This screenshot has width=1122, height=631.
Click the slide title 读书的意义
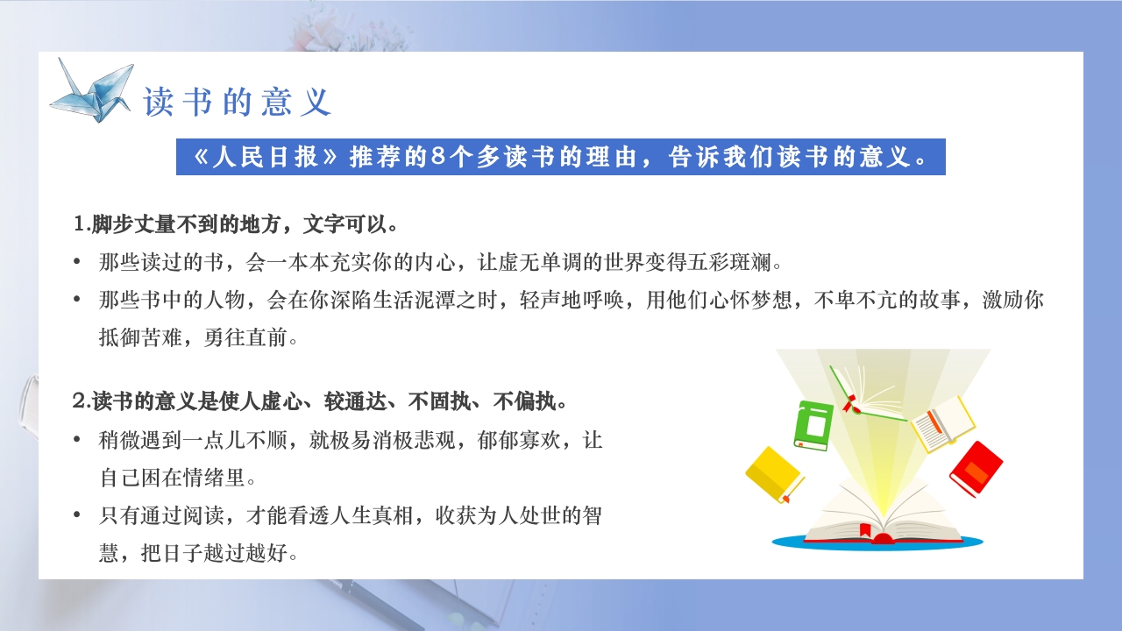pyautogui.click(x=238, y=103)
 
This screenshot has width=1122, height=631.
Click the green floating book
pyautogui.click(x=813, y=425)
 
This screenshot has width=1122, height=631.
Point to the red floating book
pyautogui.click(x=976, y=469)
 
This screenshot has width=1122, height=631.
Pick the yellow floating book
pyautogui.click(x=774, y=475)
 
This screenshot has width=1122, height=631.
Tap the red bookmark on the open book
pyautogui.click(x=865, y=530)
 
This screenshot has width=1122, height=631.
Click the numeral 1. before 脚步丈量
pyautogui.click(x=82, y=224)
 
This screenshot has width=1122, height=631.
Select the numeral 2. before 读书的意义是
pyautogui.click(x=82, y=402)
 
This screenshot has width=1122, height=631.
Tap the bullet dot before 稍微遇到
pyautogui.click(x=78, y=440)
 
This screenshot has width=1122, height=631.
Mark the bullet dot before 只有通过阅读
pyautogui.click(x=78, y=515)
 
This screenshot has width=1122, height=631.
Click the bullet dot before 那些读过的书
pyautogui.click(x=78, y=262)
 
